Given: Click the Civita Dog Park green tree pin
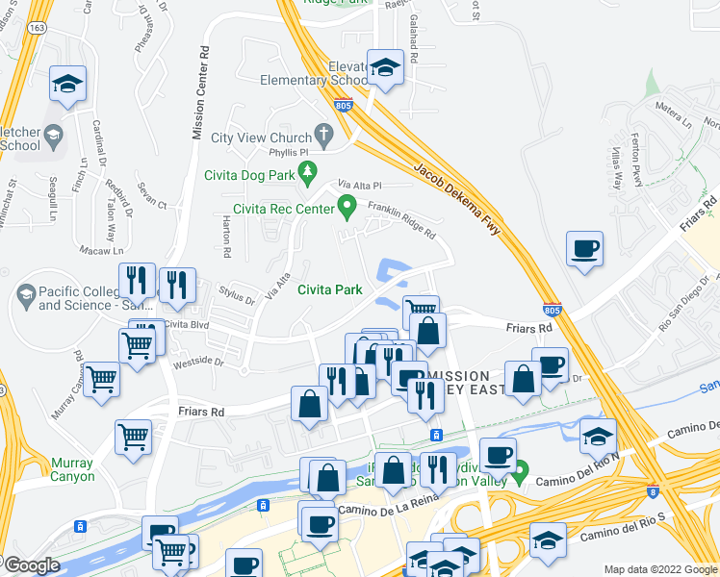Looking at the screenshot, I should (x=308, y=174).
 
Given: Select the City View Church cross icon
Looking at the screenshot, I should (x=326, y=137).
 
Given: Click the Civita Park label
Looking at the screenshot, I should (x=329, y=288).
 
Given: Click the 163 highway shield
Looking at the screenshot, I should (x=37, y=29).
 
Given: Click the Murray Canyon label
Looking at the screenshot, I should (x=73, y=469).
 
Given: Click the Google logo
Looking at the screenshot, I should (x=32, y=565).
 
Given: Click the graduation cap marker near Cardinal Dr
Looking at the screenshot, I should (x=67, y=84).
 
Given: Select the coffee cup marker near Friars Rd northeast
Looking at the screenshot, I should (x=584, y=250).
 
